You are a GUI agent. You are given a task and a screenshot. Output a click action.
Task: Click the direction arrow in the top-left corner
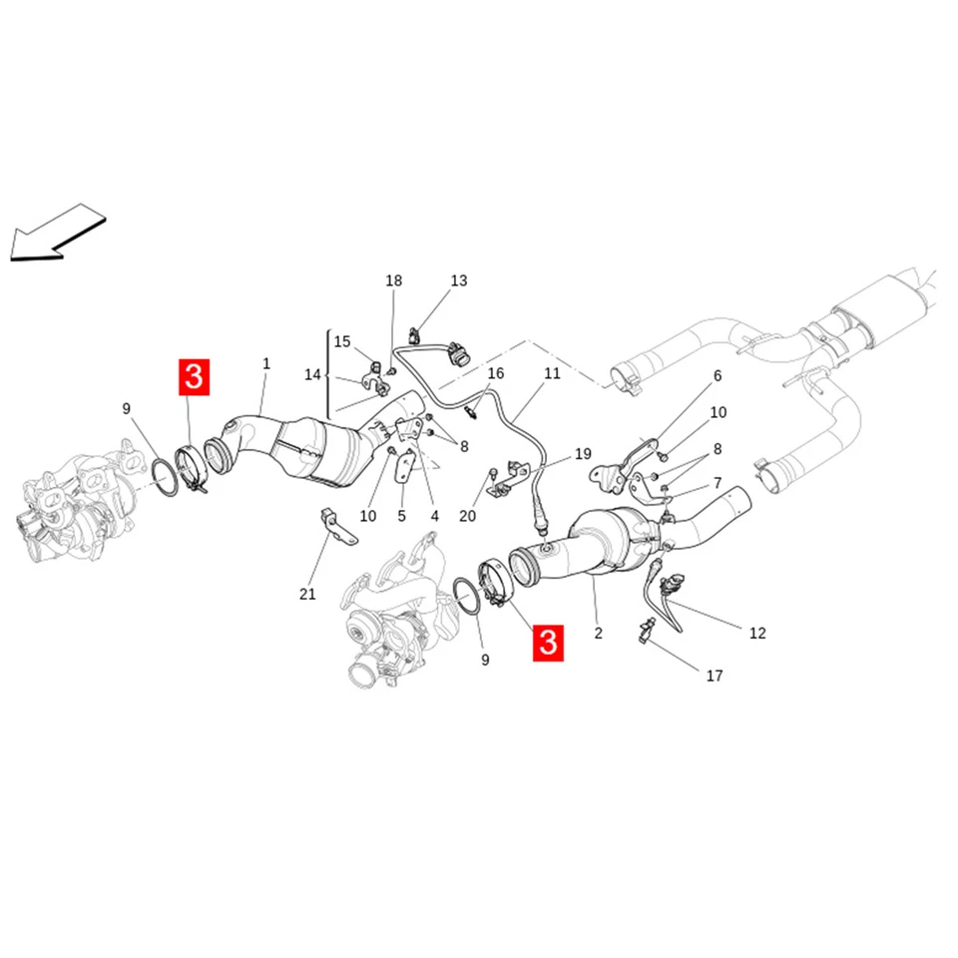tap(56, 232)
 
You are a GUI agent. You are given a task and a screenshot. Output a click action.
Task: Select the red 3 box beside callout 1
tap(194, 377)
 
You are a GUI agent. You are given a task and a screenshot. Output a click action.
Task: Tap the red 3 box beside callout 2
tap(548, 643)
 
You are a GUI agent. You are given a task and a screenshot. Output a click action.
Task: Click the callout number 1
tap(266, 364)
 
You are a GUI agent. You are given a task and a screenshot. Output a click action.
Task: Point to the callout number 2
tap(599, 633)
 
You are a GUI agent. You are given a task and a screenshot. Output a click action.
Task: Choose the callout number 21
tap(307, 594)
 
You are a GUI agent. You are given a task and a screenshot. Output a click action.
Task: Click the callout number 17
tap(715, 676)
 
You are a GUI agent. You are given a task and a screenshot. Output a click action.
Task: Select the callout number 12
tap(757, 632)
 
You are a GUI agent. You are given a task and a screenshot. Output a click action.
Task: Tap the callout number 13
tap(458, 280)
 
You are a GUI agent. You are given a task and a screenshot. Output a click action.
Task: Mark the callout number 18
tap(394, 280)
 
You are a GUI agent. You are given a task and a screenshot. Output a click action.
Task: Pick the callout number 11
tap(552, 374)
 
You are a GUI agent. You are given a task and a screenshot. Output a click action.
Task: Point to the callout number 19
tap(583, 453)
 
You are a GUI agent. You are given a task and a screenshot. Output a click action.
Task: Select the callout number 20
tap(468, 516)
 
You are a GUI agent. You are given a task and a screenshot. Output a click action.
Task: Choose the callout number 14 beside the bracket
tap(312, 374)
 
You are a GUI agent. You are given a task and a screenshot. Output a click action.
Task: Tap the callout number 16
tap(496, 373)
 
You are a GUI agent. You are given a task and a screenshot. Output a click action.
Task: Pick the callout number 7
tap(716, 483)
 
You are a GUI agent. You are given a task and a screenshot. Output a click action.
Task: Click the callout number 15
tap(342, 341)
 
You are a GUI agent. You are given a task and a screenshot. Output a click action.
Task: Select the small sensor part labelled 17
tap(649, 631)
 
